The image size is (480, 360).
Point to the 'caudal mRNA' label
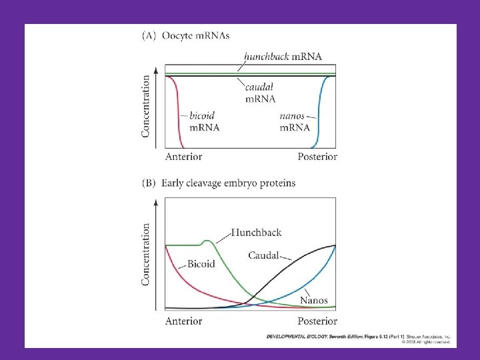(x=261, y=93)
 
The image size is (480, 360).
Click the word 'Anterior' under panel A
(x=183, y=157)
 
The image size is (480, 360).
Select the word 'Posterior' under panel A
(x=316, y=157)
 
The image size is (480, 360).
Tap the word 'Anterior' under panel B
(x=183, y=321)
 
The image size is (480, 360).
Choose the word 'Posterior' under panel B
(x=316, y=321)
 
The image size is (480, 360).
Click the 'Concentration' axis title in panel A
(x=146, y=106)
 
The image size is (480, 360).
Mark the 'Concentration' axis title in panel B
(x=146, y=254)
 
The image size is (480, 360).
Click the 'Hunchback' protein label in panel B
(x=256, y=233)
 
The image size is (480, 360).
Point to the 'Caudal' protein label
(x=264, y=255)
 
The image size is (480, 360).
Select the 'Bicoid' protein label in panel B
(x=201, y=264)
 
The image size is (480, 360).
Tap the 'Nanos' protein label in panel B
(x=313, y=301)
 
